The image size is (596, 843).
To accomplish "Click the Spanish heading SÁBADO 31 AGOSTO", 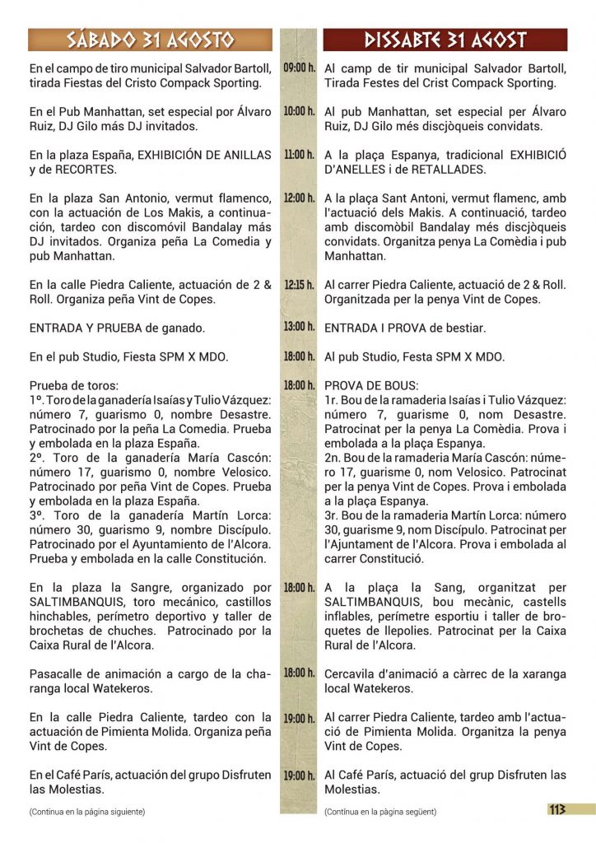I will pos(151,40).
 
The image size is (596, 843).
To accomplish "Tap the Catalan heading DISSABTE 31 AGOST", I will pos(445,40).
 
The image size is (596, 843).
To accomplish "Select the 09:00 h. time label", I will pos(299,68).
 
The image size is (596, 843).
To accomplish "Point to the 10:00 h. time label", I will pos(299,111).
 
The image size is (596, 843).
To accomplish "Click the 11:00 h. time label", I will pos(299,155).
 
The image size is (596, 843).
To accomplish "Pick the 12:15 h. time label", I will pos(299,285).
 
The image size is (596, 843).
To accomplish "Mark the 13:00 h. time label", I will pos(299,327).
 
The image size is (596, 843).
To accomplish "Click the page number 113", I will pos(557,809).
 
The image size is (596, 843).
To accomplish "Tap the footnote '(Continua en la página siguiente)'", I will pos(86,812).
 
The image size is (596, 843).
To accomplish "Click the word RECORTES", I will pos(86,170).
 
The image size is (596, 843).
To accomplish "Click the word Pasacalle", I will pos(58,673).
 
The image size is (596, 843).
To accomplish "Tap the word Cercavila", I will pos(352,673).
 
